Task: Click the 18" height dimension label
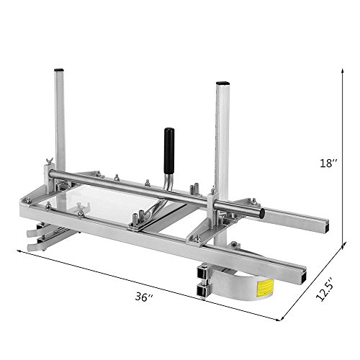[328, 163]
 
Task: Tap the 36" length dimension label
[144, 297]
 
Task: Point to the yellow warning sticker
[265, 288]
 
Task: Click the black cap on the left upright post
[59, 70]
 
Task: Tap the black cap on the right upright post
[223, 83]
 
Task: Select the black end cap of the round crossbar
[262, 213]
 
